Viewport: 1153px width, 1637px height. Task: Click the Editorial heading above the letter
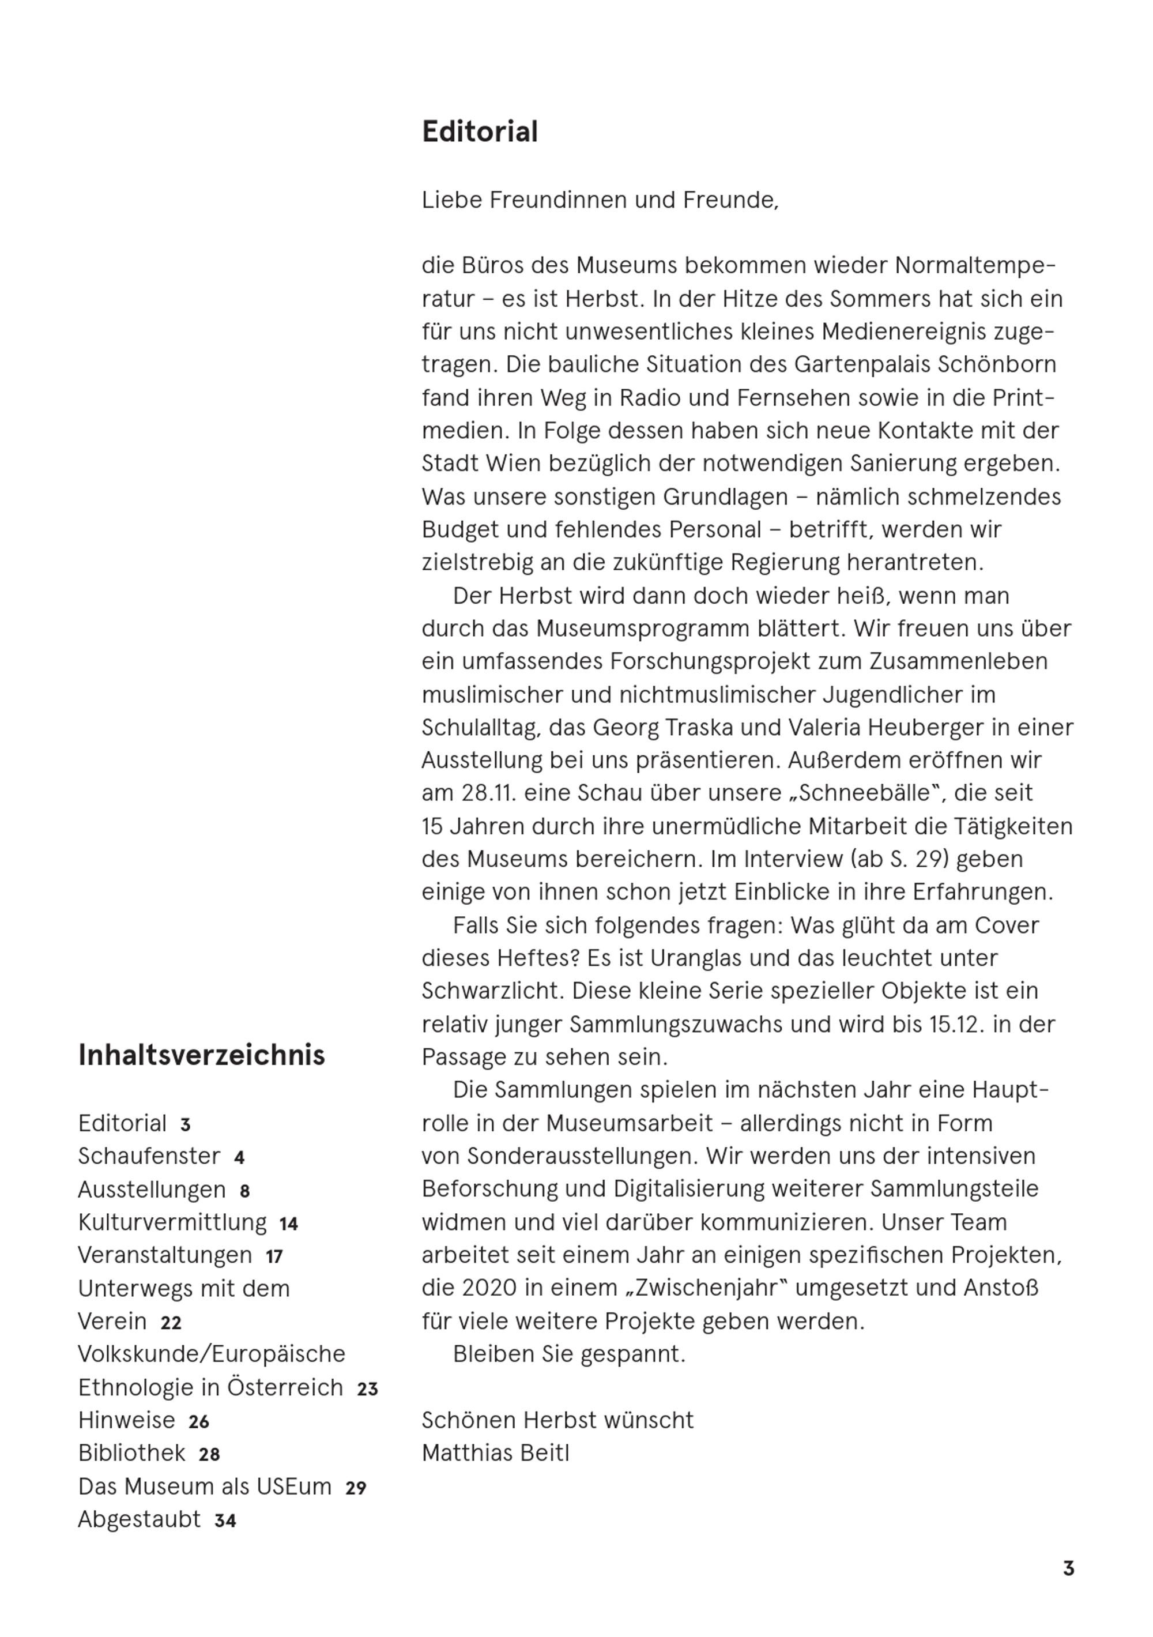pos(479,133)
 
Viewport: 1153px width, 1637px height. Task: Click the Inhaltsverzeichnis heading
pos(201,1056)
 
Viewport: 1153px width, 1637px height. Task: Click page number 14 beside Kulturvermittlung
pos(288,1224)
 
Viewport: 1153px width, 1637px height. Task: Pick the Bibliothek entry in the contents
pos(132,1453)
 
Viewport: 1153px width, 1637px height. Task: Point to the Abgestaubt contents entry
pos(139,1519)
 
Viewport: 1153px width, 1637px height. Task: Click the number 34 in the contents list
pos(225,1521)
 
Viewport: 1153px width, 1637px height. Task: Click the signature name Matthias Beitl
pos(496,1453)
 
